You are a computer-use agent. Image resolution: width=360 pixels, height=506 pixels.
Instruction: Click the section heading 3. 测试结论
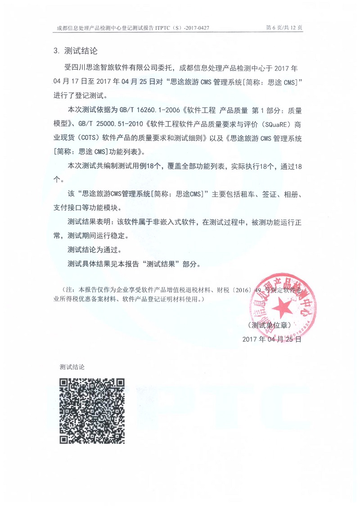tap(75, 50)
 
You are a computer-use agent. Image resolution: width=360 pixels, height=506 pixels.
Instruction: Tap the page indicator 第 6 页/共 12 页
tap(284, 28)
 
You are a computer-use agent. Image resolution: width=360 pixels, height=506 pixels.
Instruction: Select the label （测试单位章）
tap(271, 325)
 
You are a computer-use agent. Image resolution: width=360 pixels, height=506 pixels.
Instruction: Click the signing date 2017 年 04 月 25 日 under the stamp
tap(271, 339)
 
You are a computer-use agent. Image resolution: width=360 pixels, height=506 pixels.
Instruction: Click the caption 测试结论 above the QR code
tap(72, 367)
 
